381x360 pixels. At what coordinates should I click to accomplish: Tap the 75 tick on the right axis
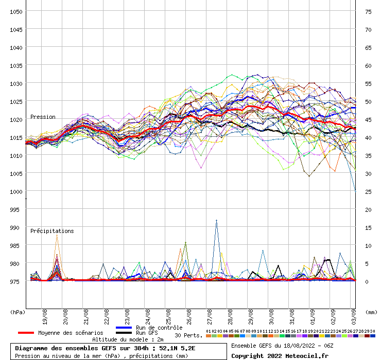point(368,11)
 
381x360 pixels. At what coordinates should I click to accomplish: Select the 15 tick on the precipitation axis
point(368,227)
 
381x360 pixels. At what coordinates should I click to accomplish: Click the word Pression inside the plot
point(43,117)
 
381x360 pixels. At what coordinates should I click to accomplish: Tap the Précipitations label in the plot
point(52,231)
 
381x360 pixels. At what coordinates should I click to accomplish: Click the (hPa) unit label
point(18,312)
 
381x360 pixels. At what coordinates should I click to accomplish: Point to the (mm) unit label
point(371,312)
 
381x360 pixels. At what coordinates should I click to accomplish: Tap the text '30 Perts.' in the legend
point(187,335)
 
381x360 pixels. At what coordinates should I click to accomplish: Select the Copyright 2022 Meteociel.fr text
point(280,355)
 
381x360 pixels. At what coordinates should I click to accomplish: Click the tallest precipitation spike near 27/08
point(217,221)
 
